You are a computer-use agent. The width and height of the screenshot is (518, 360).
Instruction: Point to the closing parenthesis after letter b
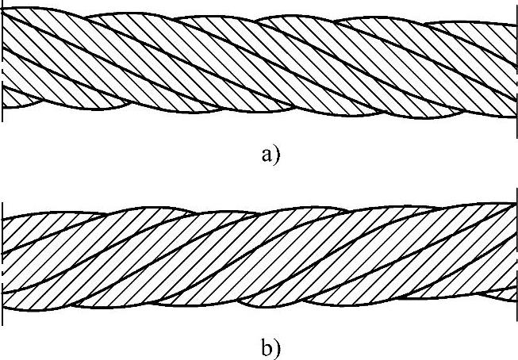(x=275, y=348)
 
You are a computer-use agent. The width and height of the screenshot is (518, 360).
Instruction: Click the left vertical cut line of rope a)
(x=3, y=63)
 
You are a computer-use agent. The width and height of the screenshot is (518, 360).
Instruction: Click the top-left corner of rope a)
(x=4, y=9)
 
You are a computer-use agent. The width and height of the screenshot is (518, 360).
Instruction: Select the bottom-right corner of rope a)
(x=516, y=117)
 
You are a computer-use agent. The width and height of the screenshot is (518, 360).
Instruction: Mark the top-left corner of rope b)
(x=4, y=216)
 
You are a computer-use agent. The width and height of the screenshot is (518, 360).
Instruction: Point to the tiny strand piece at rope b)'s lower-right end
(x=505, y=294)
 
